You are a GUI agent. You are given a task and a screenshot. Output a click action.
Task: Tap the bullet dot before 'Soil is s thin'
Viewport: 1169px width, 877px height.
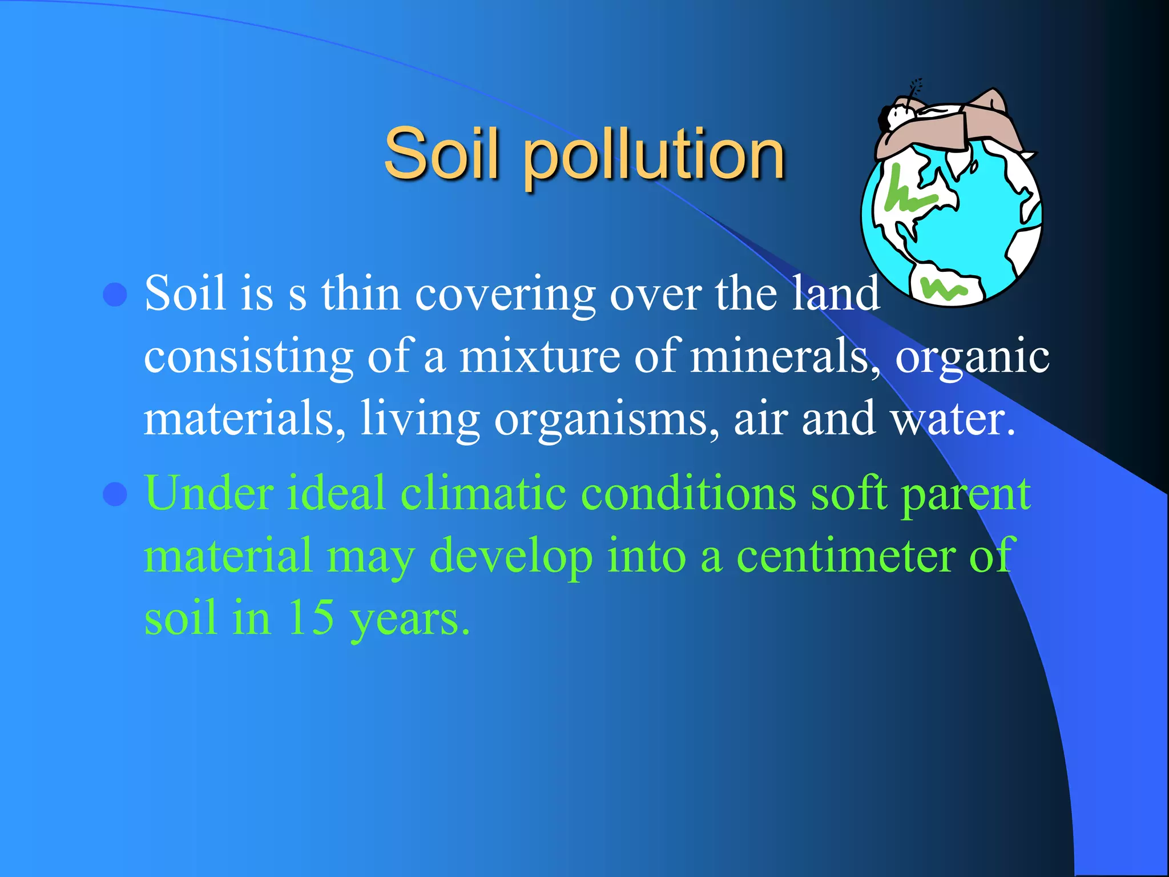coord(115,294)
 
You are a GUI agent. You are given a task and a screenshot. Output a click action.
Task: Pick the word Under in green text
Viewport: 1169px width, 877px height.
coord(209,493)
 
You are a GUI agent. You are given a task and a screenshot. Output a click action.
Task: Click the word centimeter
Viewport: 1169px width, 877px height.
coord(845,556)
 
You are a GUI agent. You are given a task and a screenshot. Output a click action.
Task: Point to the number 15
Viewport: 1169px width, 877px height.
coord(311,618)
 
